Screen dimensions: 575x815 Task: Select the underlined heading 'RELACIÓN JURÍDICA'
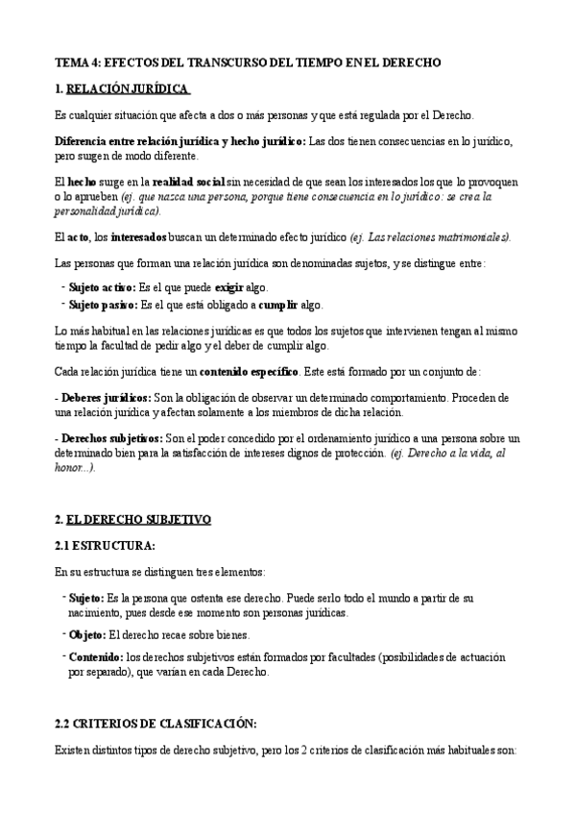click(x=130, y=89)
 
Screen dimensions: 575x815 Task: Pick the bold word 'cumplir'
click(x=278, y=305)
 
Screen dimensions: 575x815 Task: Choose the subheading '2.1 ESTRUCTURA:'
click(x=106, y=546)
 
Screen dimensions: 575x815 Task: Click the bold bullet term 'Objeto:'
click(x=87, y=634)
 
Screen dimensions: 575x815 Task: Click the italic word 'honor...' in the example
click(x=71, y=468)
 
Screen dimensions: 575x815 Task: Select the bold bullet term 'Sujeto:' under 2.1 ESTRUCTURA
click(x=88, y=598)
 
